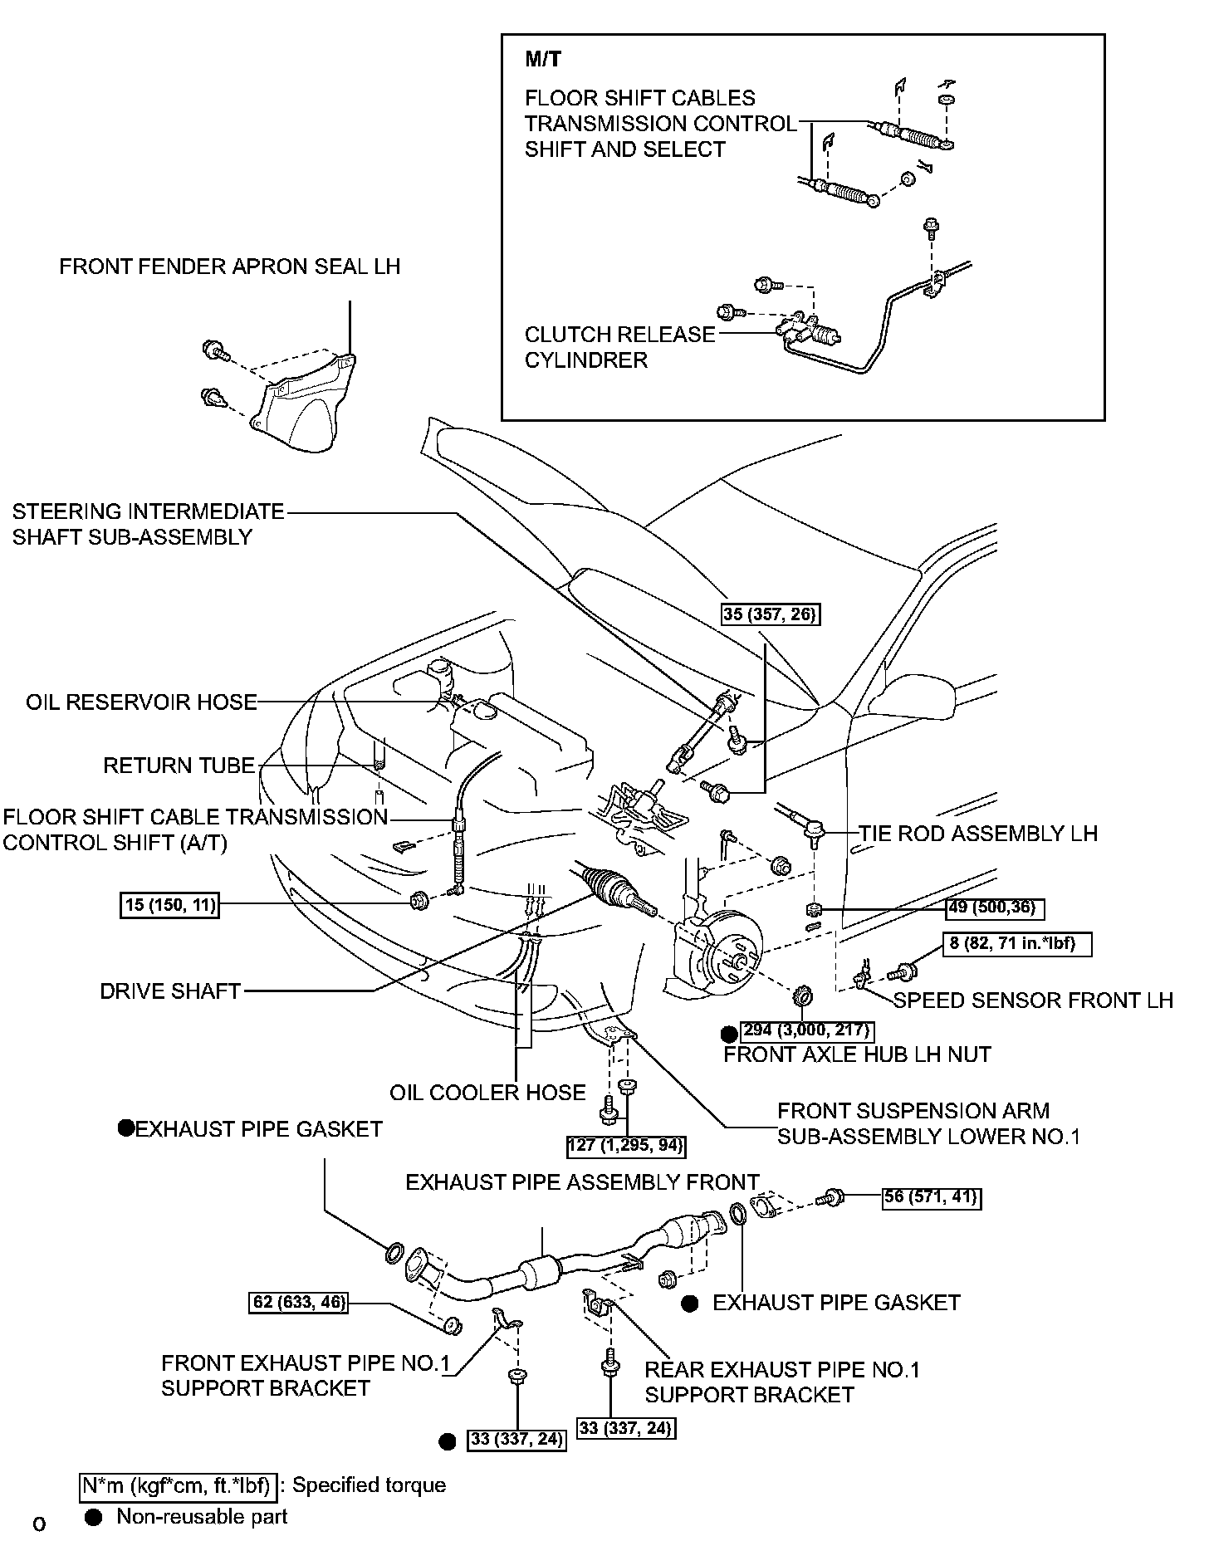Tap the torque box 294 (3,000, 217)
click(806, 1030)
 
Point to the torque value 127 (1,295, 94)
click(627, 1146)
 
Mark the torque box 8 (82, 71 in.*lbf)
click(1016, 944)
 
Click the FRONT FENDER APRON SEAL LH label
click(229, 267)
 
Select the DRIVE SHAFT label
click(170, 991)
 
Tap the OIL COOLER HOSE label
click(487, 1093)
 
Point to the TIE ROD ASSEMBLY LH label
click(978, 833)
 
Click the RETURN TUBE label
click(179, 766)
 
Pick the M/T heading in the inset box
click(543, 59)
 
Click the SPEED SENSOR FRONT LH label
click(1033, 1000)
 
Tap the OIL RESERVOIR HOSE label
click(141, 702)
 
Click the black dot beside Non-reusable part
click(94, 1517)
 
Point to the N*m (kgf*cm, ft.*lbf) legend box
click(178, 1485)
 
